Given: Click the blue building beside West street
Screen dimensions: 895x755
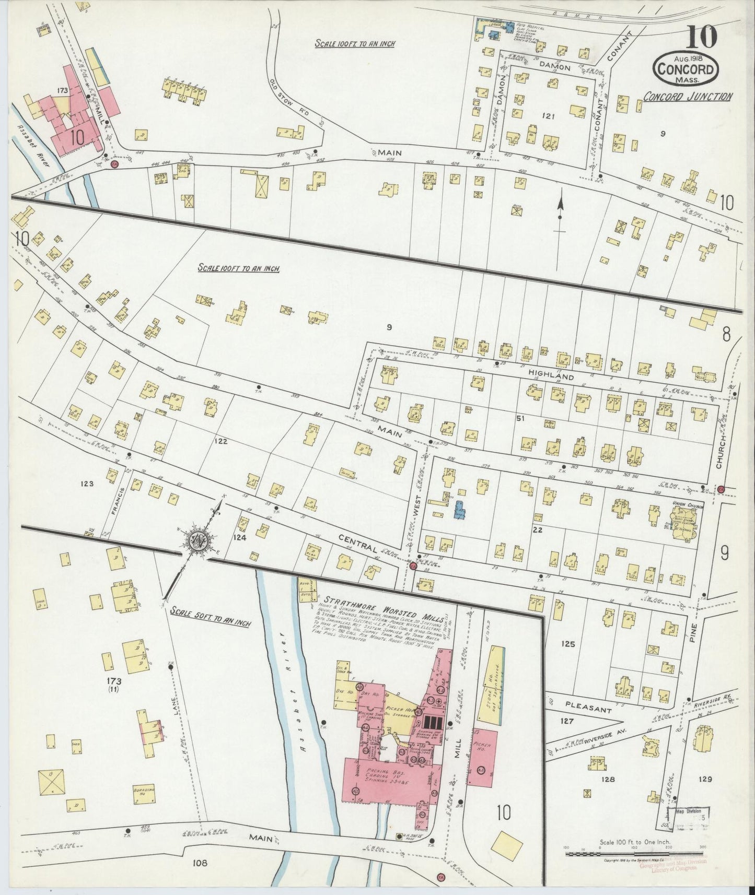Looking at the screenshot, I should [459, 510].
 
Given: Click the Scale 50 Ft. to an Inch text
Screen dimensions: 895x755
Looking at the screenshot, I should [211, 623].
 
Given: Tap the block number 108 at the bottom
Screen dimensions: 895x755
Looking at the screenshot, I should [200, 863].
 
